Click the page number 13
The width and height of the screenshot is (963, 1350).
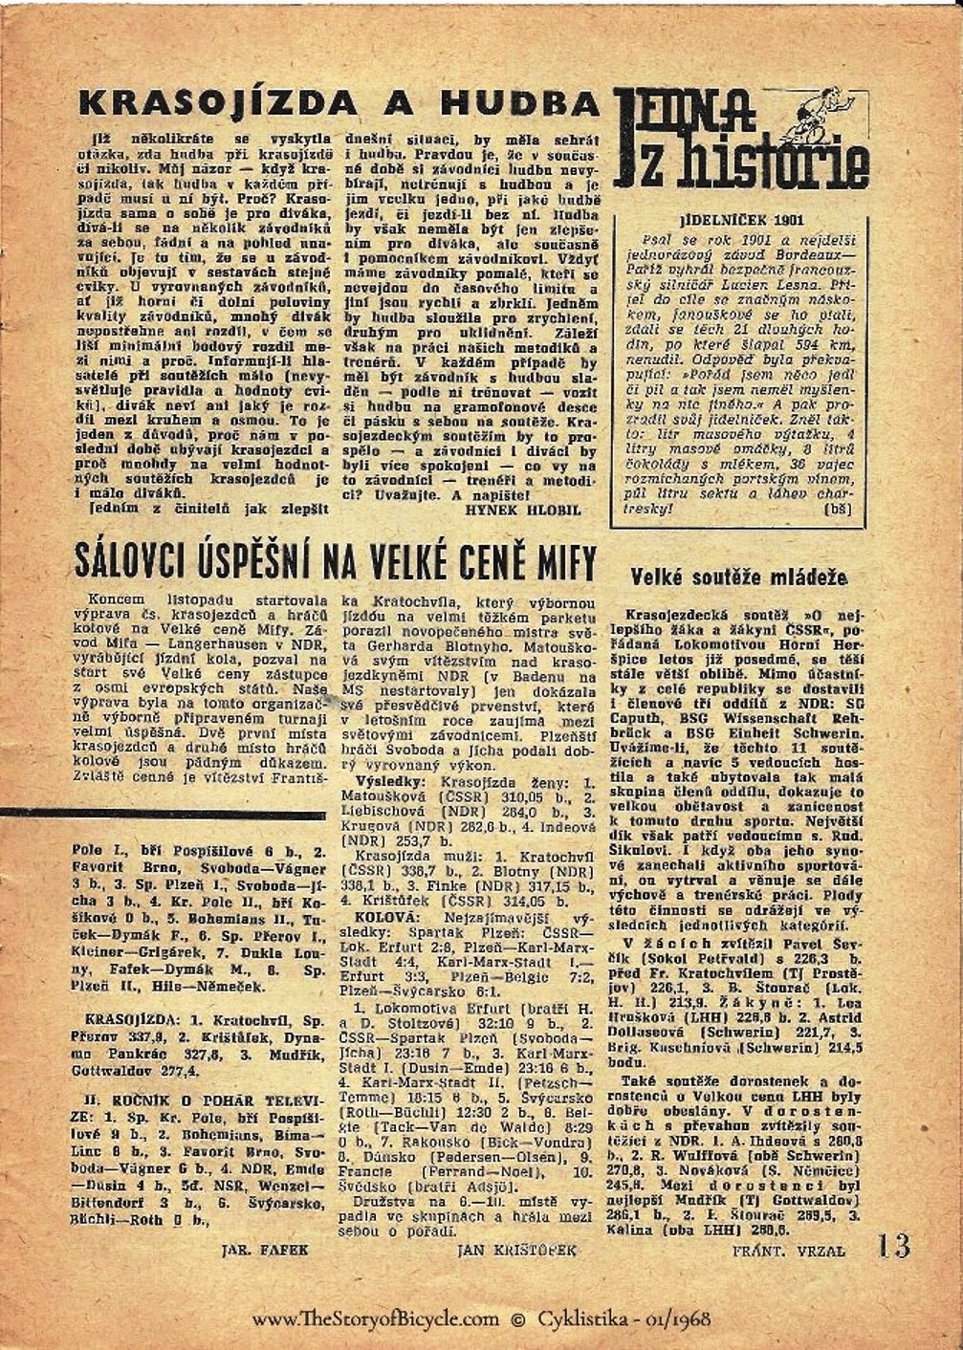[892, 1246]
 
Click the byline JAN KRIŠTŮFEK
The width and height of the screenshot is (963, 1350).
[517, 1249]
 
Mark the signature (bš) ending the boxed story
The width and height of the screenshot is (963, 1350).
[836, 510]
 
